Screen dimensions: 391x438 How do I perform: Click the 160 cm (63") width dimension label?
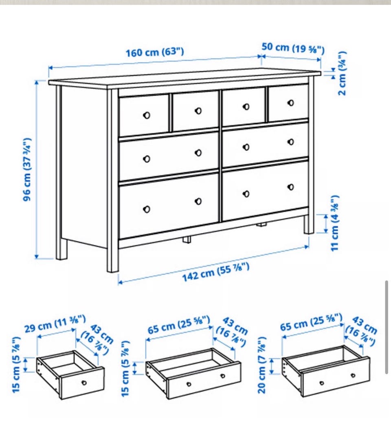point(155,52)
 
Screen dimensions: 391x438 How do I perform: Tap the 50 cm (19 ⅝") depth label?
point(293,48)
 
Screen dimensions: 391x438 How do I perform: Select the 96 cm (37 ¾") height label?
point(27,169)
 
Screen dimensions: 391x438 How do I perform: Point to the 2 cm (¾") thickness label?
point(342,73)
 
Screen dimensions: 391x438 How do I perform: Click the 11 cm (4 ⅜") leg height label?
point(334,223)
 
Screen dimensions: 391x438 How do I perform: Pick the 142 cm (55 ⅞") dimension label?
point(215,272)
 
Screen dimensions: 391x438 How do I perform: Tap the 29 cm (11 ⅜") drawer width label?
point(55,324)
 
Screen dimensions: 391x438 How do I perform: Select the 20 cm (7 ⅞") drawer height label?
point(262,365)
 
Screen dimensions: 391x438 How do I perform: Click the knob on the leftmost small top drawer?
point(146,115)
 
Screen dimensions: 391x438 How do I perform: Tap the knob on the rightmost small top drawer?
point(291,103)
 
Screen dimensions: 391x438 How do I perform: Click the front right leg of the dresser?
point(309,225)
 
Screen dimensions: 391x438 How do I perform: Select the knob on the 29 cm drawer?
point(84,383)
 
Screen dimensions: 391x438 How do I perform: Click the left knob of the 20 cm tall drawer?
point(321,383)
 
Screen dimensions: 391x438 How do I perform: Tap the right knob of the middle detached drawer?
point(223,376)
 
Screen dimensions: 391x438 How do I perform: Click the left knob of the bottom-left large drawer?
point(146,209)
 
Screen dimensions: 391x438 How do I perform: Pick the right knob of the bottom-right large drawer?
point(291,187)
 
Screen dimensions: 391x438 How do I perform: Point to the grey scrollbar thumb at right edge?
point(387,327)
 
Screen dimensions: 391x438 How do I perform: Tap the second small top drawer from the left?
point(195,111)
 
